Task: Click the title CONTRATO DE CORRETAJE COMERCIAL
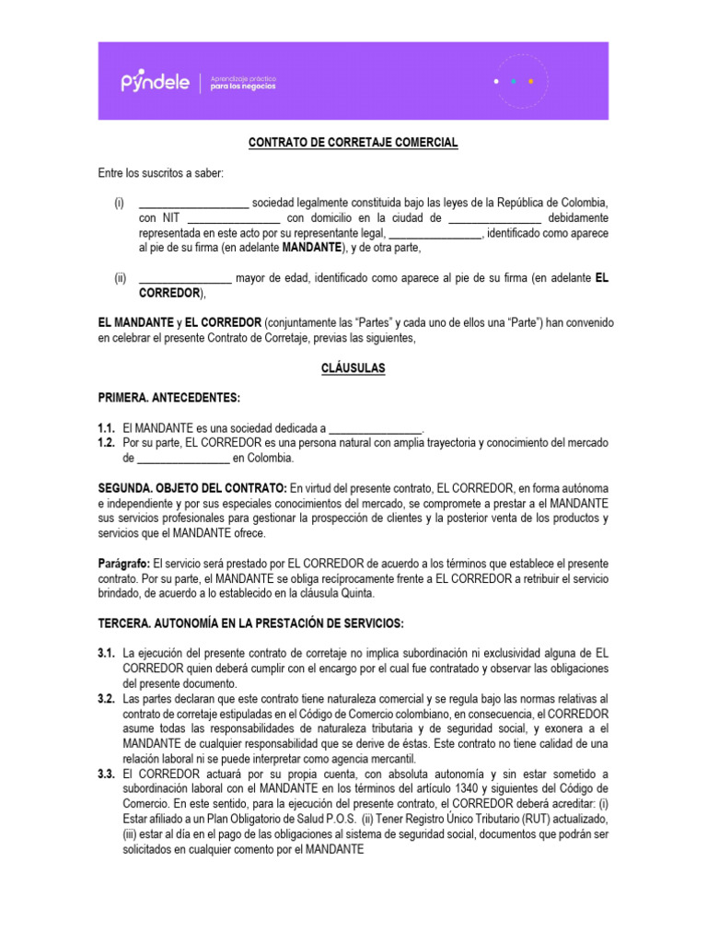353,144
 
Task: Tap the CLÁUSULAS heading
353,368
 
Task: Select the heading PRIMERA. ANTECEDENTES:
169,398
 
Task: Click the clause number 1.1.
107,428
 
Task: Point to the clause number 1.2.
107,443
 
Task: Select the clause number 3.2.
107,700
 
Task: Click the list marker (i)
119,203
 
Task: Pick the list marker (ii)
120,278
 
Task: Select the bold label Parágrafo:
124,564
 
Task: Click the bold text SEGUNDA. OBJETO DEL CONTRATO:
192,488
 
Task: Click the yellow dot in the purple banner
531,81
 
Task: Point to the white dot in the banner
497,81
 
